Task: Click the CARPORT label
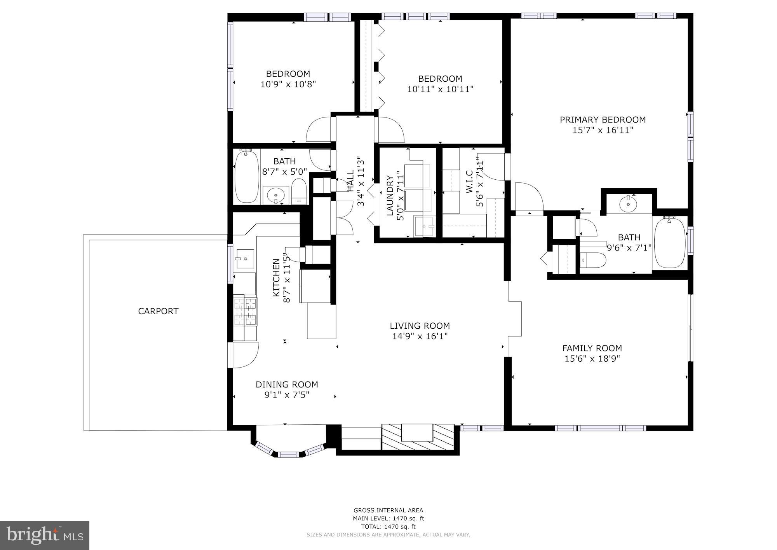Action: tap(158, 311)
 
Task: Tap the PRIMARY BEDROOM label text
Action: tap(603, 120)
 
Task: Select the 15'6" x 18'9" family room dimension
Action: tap(592, 359)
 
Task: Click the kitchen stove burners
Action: tap(246, 311)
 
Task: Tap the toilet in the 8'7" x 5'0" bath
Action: tap(299, 191)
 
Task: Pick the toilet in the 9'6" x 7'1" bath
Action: tap(592, 260)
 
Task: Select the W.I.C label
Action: tap(469, 181)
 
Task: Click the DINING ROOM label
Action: tap(287, 385)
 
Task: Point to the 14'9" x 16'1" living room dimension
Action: tap(420, 336)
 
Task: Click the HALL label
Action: tap(350, 181)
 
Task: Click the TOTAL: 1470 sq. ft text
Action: tap(388, 527)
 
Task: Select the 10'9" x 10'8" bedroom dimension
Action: tap(288, 84)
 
